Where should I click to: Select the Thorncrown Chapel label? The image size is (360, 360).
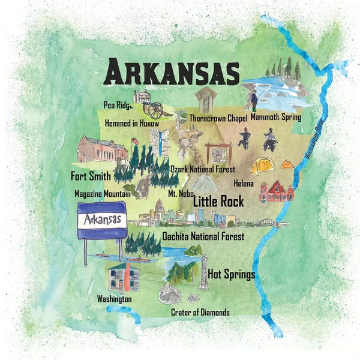click(218, 118)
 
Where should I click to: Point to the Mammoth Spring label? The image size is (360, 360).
click(275, 117)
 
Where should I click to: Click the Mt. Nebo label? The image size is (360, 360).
click(180, 194)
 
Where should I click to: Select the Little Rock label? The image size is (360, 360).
click(217, 202)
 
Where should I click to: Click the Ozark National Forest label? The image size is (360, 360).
click(202, 169)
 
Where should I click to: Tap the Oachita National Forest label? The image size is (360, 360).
click(203, 236)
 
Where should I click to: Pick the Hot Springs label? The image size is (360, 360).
click(232, 275)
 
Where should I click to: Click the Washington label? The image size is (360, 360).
click(114, 298)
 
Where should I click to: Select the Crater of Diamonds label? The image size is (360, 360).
click(200, 312)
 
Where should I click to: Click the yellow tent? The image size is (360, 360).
click(262, 166)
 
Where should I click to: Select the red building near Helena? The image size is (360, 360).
click(276, 190)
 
